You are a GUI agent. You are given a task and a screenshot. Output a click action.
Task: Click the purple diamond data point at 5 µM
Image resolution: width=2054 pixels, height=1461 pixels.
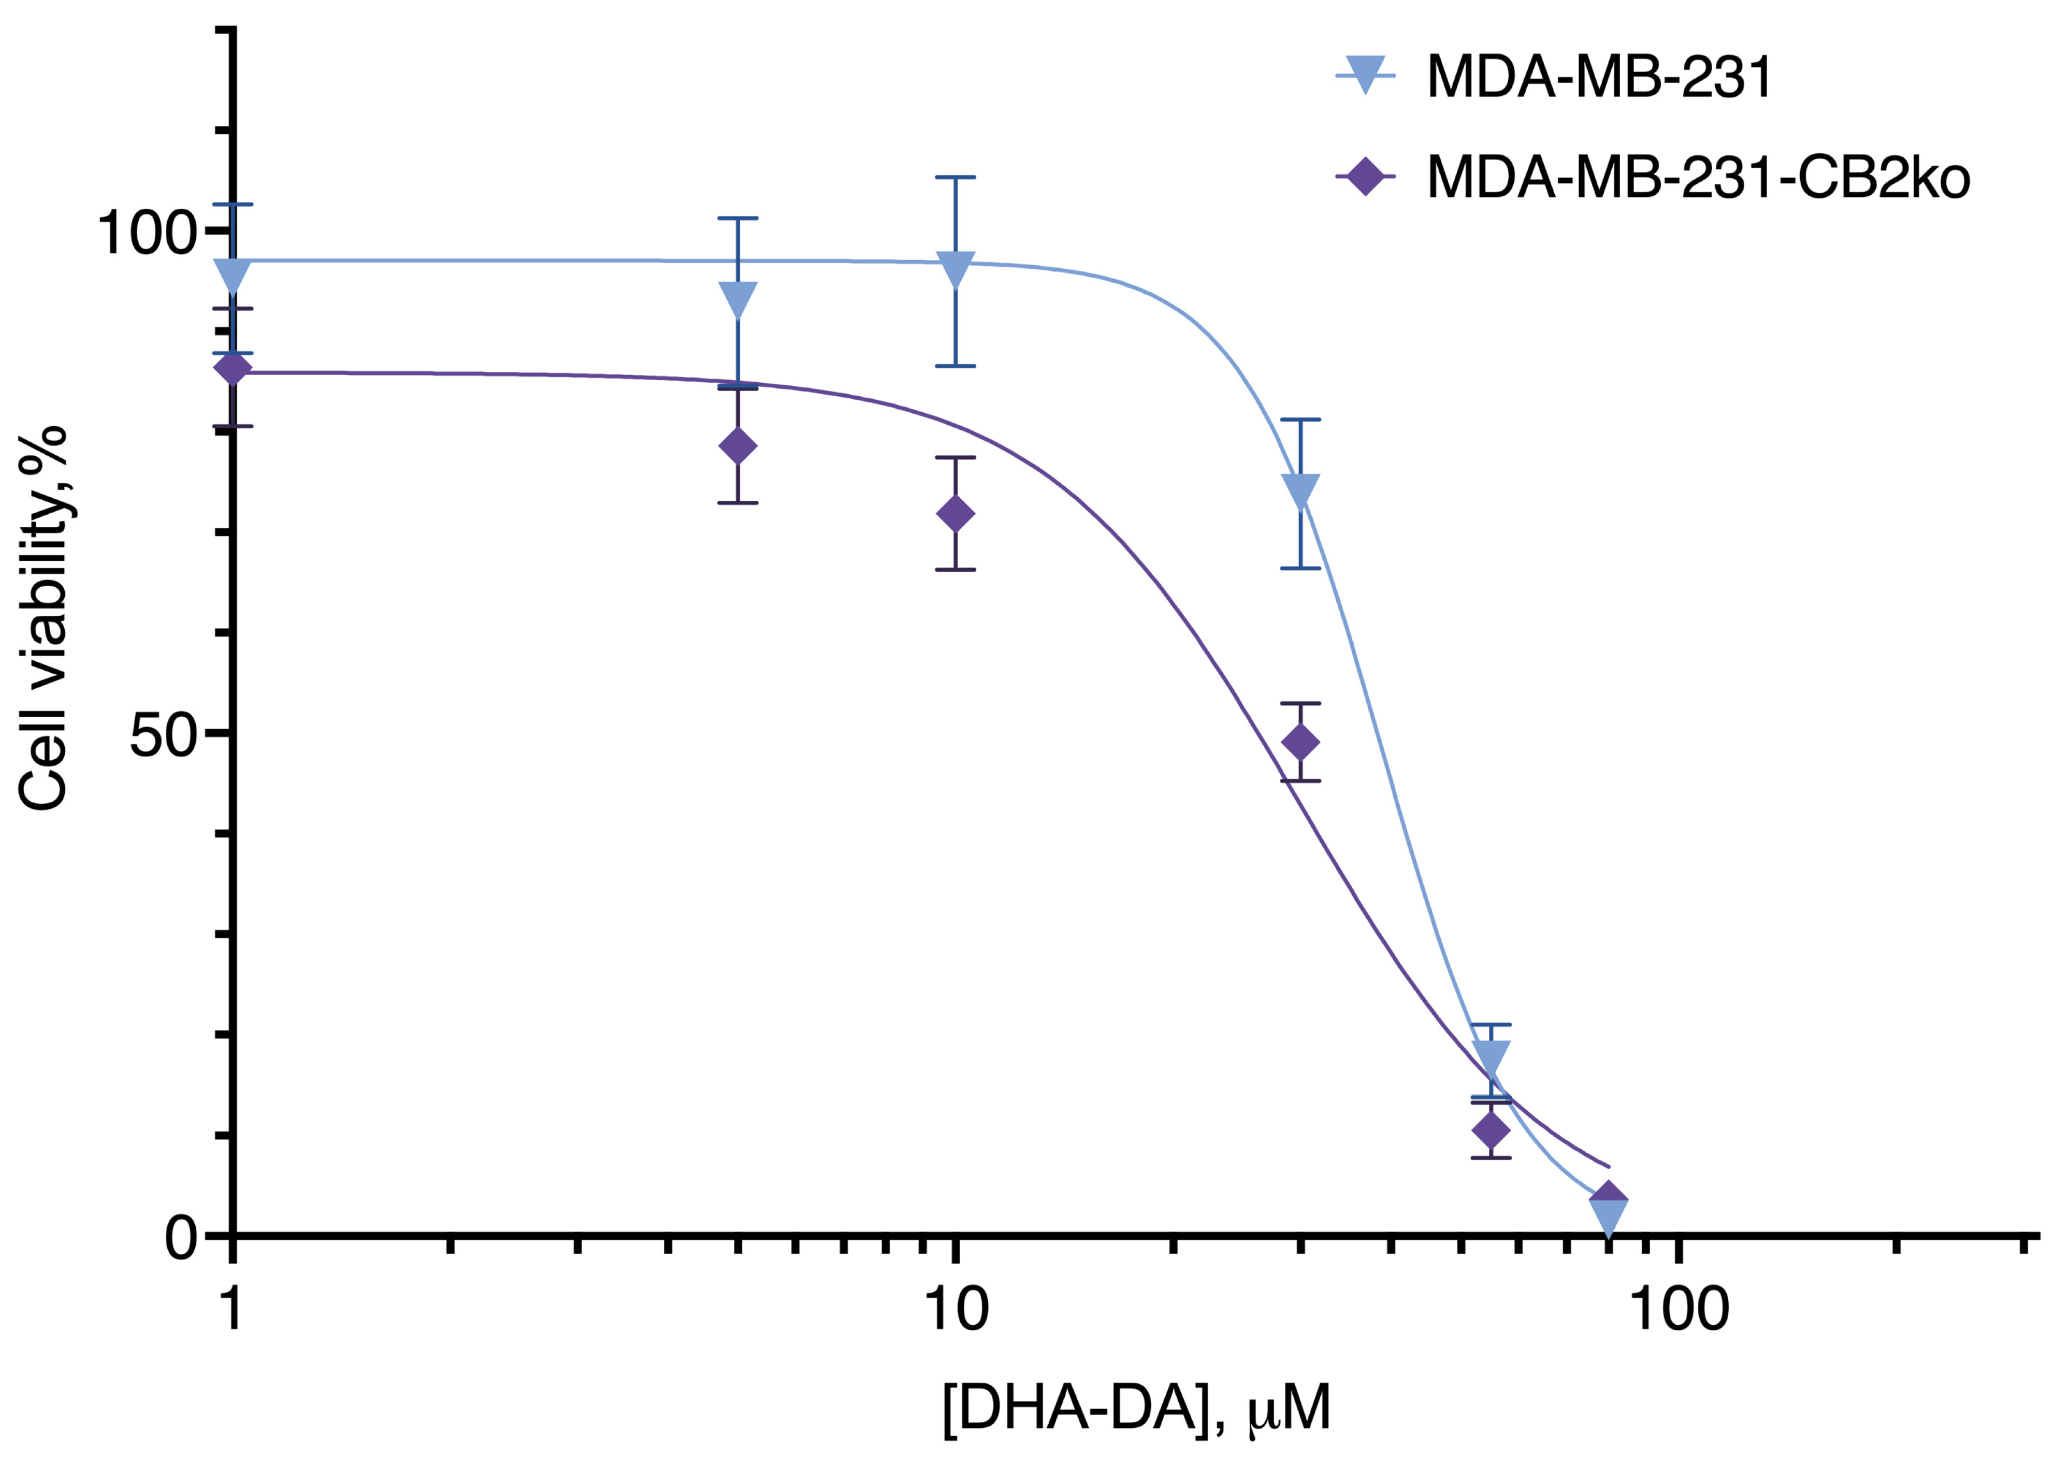[x=737, y=446]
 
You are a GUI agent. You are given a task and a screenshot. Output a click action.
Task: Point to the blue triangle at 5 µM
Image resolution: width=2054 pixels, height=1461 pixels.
[x=737, y=299]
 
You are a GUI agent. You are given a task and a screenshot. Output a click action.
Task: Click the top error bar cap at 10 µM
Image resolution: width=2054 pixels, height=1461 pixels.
[x=954, y=177]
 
